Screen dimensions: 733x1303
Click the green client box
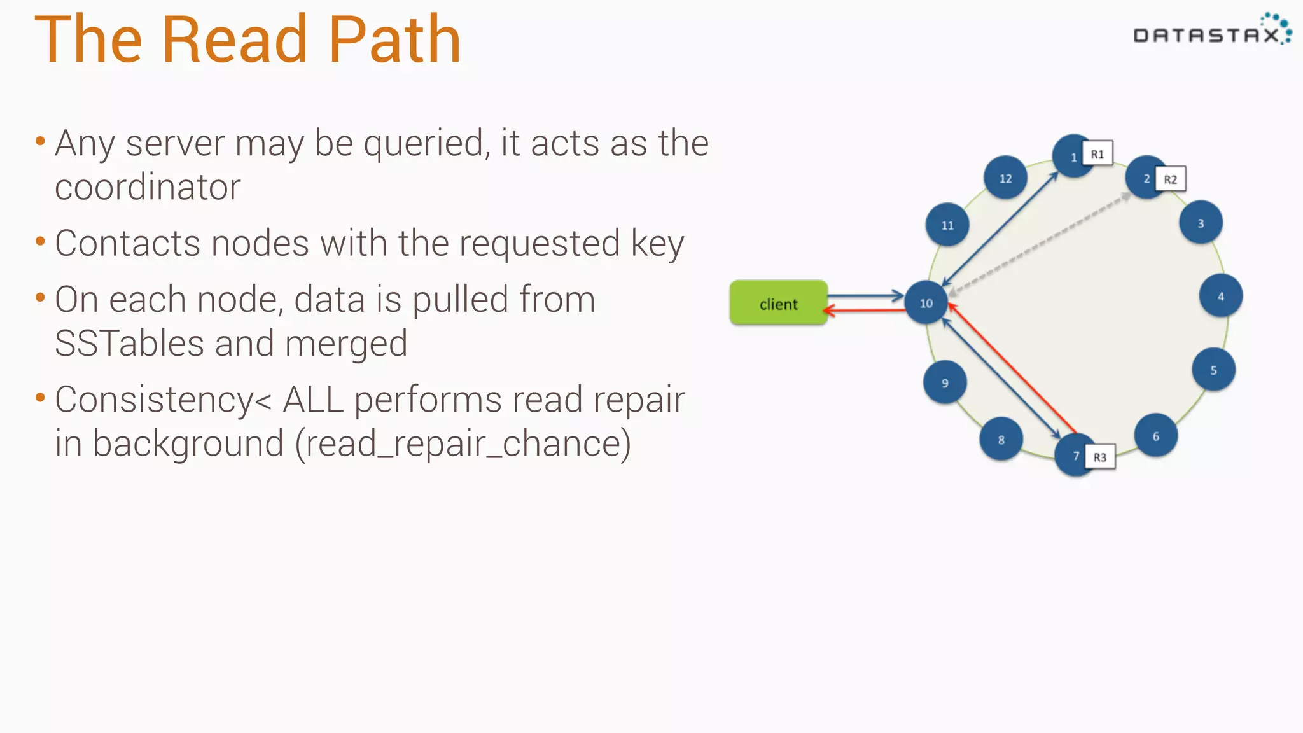(778, 304)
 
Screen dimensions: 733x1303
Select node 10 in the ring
(926, 303)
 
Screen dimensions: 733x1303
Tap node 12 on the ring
(1005, 178)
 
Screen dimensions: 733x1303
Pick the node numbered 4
(1220, 296)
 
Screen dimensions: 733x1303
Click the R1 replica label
(1097, 154)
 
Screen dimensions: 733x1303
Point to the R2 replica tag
(1170, 179)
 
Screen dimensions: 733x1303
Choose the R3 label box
(1100, 457)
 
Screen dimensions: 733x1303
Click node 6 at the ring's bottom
(1155, 436)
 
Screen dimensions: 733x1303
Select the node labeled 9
(945, 382)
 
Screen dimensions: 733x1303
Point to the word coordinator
(148, 187)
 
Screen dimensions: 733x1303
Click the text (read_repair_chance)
(463, 443)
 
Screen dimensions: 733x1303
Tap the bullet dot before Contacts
(41, 242)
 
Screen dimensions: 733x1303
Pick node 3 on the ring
(1201, 223)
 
